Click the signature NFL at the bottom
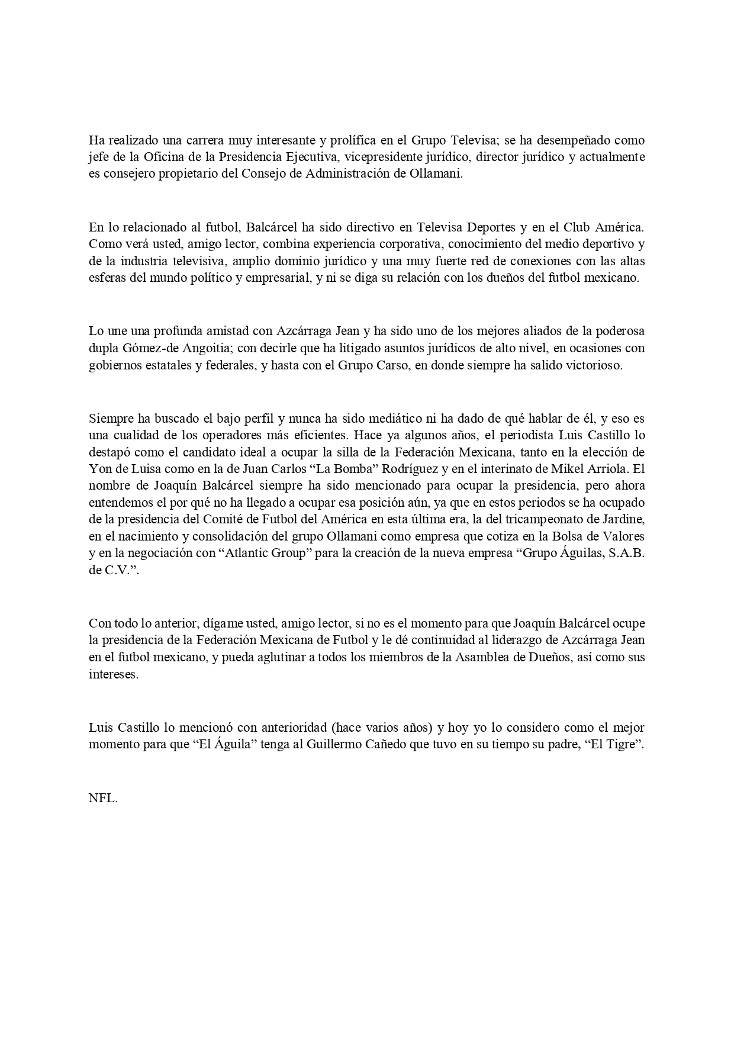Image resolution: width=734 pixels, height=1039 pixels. [102, 797]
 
